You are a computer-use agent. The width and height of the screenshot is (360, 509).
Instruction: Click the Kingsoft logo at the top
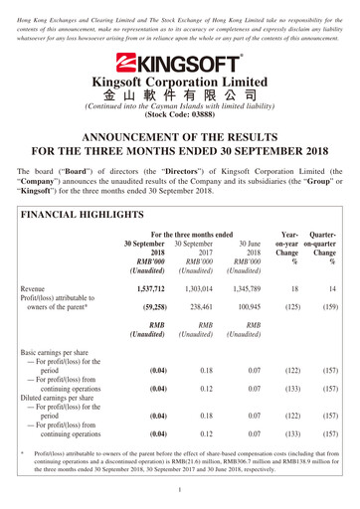point(179,62)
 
